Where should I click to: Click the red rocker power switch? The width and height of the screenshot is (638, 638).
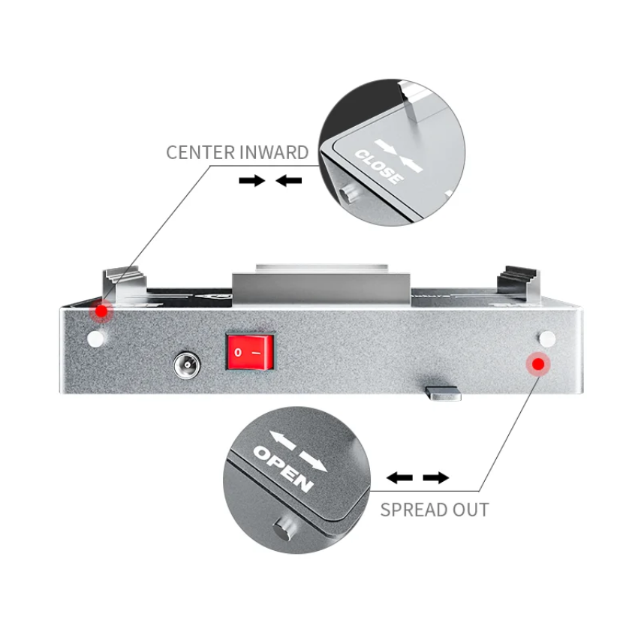249,352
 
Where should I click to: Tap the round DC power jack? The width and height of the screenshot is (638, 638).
187,365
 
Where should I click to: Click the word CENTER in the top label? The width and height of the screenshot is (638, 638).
200,152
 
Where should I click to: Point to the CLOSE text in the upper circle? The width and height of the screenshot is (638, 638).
379,167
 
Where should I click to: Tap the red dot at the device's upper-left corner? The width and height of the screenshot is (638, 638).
101,311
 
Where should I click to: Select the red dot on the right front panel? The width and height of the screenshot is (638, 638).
538,364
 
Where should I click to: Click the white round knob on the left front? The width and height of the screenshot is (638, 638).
96,339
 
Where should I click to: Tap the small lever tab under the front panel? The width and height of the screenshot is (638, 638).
443,393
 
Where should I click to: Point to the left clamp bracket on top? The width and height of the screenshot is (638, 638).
124,284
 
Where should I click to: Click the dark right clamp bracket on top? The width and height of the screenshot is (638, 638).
519,284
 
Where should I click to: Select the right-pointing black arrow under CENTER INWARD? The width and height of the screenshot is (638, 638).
252,180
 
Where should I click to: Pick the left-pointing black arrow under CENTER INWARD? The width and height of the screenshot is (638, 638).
288,180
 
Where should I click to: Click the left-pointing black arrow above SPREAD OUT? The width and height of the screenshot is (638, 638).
399,477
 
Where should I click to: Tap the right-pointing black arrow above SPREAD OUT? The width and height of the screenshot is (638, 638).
436,477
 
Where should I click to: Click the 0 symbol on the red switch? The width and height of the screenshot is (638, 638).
238,352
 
